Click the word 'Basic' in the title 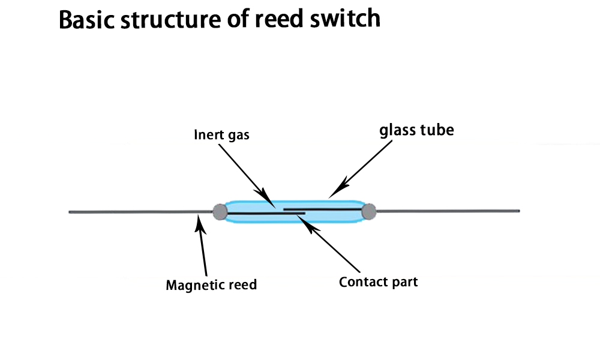(86, 19)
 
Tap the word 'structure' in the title (170, 20)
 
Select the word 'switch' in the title (345, 19)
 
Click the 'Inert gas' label (221, 135)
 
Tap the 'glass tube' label (417, 130)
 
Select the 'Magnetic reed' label (211, 285)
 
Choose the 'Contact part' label (378, 282)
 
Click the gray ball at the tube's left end (220, 212)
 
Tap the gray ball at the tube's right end (369, 212)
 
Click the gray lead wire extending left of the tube (141, 212)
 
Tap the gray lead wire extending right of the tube (448, 211)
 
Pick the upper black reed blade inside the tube (323, 209)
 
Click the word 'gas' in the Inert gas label (239, 136)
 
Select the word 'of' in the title (237, 19)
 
